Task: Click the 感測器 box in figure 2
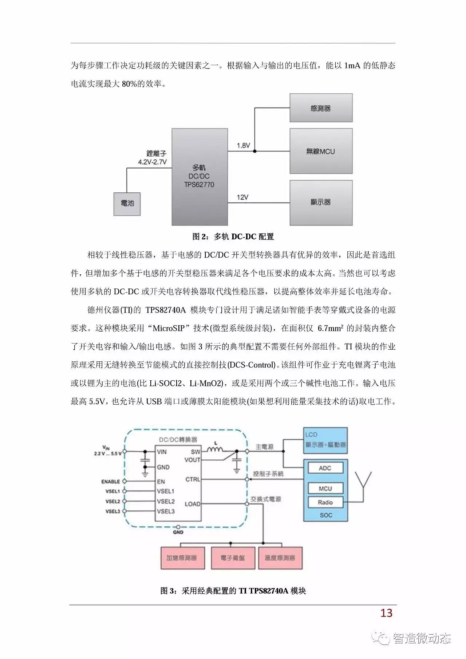[321, 108]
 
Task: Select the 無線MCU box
[321, 151]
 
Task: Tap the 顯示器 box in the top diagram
[321, 202]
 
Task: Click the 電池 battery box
[127, 203]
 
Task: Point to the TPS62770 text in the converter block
[199, 185]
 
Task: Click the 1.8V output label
[243, 146]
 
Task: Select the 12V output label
[242, 197]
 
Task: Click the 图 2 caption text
[233, 237]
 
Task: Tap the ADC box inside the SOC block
[325, 468]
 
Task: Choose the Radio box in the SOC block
[325, 502]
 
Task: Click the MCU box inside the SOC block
[325, 489]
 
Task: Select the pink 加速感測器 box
[182, 558]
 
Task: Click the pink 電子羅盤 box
[232, 558]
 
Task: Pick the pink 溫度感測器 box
[280, 558]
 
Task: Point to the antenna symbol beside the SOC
[363, 481]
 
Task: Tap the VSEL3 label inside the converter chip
[166, 511]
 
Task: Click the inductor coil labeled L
[216, 450]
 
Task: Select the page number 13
[386, 613]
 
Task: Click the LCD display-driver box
[325, 440]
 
